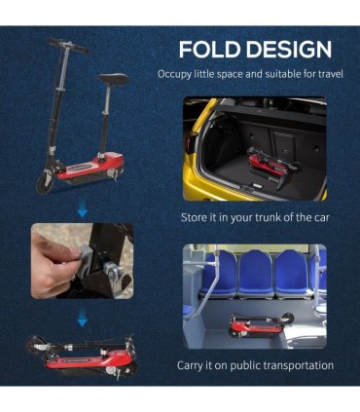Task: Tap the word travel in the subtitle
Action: point(330,74)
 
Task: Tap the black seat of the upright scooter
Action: point(114,79)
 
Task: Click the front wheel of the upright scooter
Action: point(45,183)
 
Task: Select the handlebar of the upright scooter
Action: point(68,45)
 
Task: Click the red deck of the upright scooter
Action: point(91,166)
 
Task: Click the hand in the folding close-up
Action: point(53,264)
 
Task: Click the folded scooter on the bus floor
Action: point(261,325)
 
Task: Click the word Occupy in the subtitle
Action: point(174,74)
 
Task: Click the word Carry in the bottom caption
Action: point(190,366)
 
